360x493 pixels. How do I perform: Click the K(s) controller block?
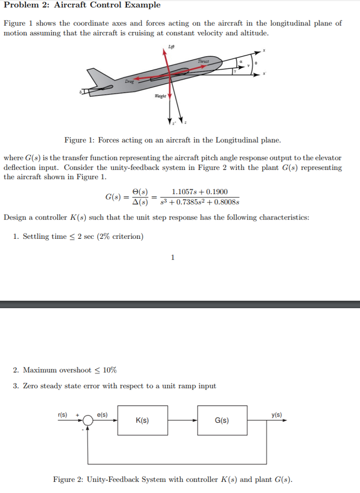pyautogui.click(x=142, y=420)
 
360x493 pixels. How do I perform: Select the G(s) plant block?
pyautogui.click(x=222, y=420)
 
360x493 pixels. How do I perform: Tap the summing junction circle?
pyautogui.click(x=88, y=421)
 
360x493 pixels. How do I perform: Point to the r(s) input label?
pyautogui.click(x=62, y=415)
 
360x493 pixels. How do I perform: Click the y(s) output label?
pyautogui.click(x=277, y=415)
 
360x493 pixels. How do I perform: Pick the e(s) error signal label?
pyautogui.click(x=102, y=415)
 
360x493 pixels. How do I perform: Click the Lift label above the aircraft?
pyautogui.click(x=171, y=45)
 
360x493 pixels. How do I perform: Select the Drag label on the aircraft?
pyautogui.click(x=129, y=82)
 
